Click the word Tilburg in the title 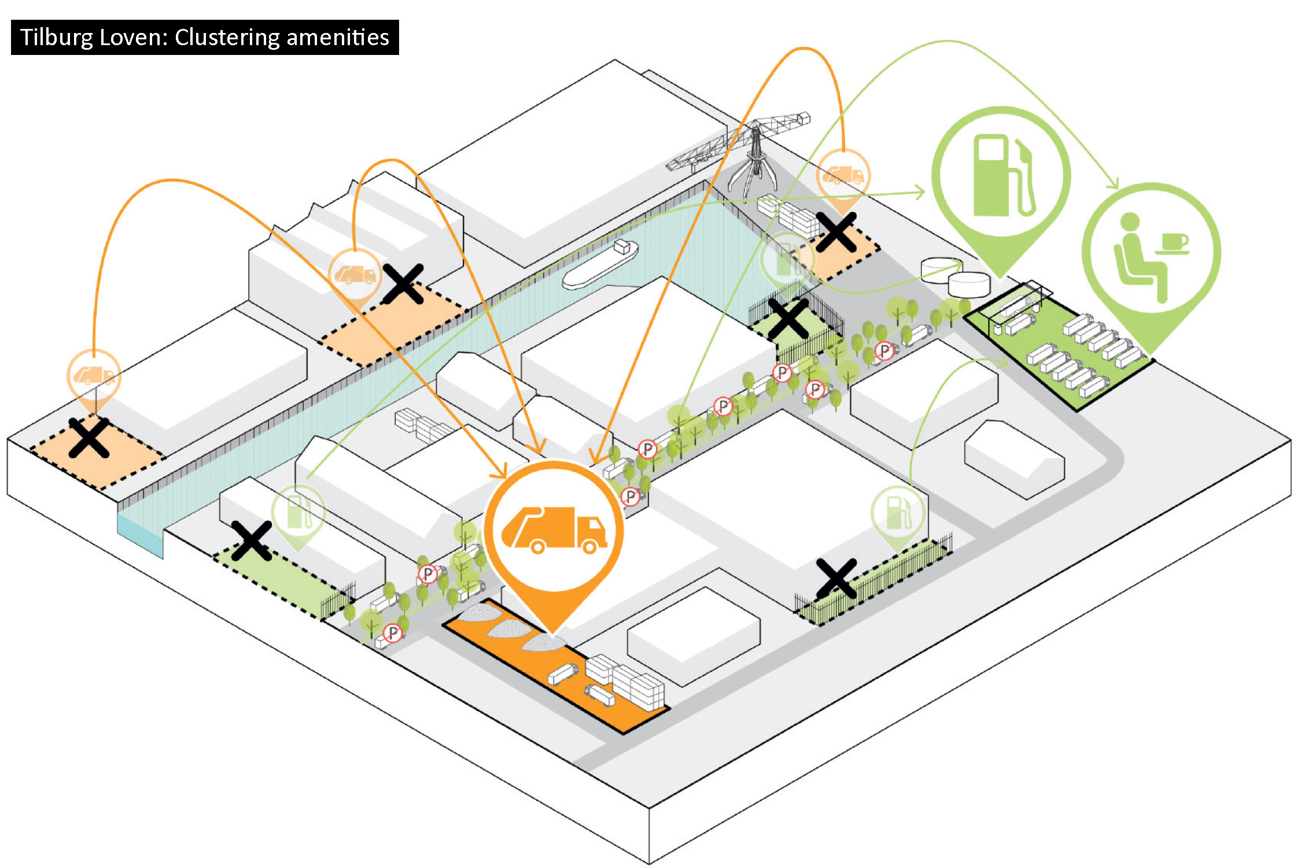(x=57, y=38)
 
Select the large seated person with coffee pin (x=1151, y=255)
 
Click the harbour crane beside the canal (x=752, y=150)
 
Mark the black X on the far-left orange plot (x=89, y=438)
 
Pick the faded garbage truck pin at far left (x=94, y=376)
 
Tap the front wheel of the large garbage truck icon (x=589, y=546)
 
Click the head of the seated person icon (x=1130, y=221)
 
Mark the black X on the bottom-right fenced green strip (x=836, y=579)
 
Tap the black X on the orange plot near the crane (x=835, y=231)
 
